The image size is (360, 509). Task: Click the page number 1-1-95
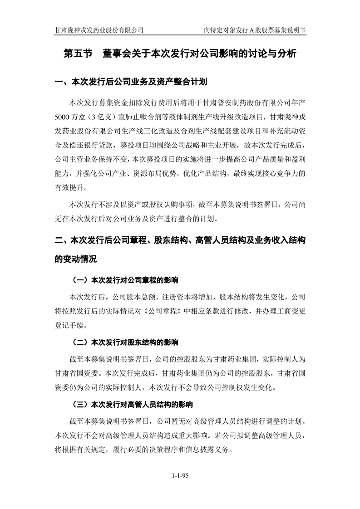point(180,475)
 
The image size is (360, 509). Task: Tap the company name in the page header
point(99,30)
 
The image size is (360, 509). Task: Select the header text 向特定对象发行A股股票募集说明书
point(255,30)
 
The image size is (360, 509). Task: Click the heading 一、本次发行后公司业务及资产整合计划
point(131,83)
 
